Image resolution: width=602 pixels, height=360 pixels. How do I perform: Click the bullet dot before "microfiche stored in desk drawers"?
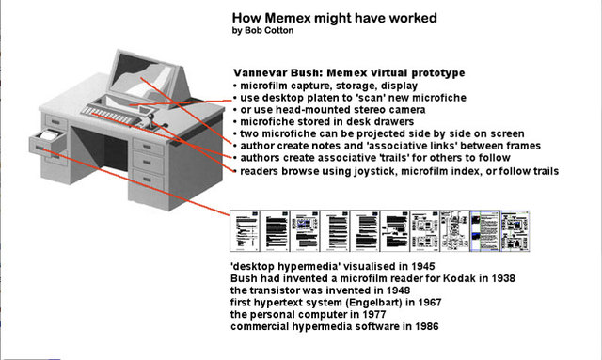tap(234, 122)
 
